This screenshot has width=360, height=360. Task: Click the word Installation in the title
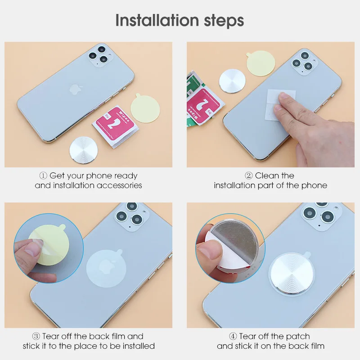[157, 20]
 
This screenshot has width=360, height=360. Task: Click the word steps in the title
[224, 21]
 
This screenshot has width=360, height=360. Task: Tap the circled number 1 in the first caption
[43, 176]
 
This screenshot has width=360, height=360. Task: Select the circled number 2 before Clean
[249, 176]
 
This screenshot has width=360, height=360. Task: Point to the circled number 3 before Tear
[36, 336]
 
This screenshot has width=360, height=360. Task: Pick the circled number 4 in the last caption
[233, 336]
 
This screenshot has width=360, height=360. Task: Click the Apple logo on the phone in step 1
[75, 89]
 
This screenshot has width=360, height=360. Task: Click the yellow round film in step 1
[145, 108]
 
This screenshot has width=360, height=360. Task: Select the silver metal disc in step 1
[84, 150]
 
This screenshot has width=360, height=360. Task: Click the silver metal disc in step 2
[232, 81]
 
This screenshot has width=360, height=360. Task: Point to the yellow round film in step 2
[261, 63]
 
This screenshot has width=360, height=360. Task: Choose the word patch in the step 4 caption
[298, 337]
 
